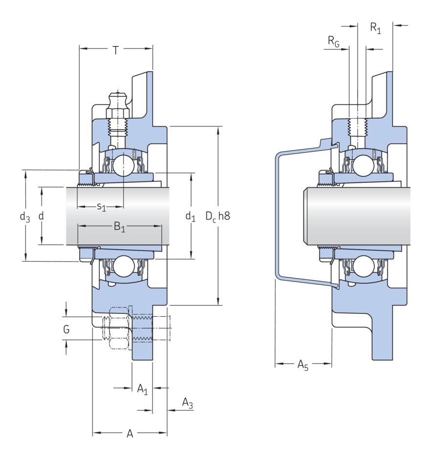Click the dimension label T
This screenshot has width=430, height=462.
click(115, 50)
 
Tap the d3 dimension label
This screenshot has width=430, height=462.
click(24, 216)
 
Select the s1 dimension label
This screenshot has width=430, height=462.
click(101, 207)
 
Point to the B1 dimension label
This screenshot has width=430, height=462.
click(119, 226)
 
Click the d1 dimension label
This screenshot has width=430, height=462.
click(190, 216)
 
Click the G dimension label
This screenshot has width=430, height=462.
click(66, 330)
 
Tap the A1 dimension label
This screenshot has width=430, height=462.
click(142, 389)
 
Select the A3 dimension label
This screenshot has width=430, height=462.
click(187, 402)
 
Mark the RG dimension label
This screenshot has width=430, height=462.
click(334, 42)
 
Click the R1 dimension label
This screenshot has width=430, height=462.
click(375, 28)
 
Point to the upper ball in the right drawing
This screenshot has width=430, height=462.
click(362, 164)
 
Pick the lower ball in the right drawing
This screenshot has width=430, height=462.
click(362, 266)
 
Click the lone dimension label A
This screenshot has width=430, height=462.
click(129, 434)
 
